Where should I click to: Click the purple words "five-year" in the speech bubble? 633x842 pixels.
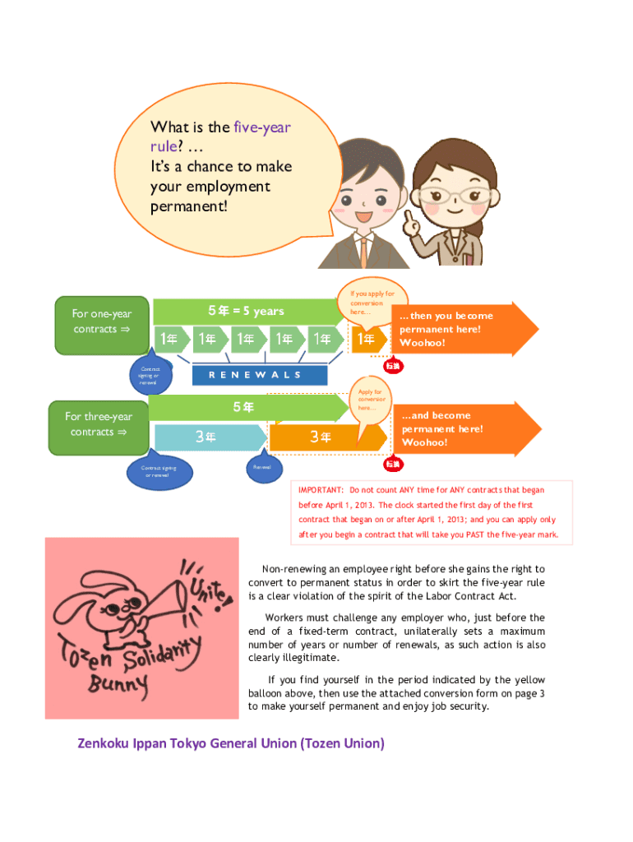coord(262,127)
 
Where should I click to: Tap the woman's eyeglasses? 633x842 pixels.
coord(459,195)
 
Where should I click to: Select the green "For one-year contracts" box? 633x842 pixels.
coord(101,322)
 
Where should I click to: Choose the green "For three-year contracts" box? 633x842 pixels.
coord(99,424)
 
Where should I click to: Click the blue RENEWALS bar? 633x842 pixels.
coord(259,375)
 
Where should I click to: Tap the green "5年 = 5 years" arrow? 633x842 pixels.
coord(247,311)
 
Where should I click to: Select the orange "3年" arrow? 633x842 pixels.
coord(321,437)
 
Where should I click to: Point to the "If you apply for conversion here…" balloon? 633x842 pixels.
coord(372,302)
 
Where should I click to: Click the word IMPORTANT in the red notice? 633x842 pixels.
coord(321,490)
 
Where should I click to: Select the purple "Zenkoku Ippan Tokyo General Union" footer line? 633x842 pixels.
coord(231,744)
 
